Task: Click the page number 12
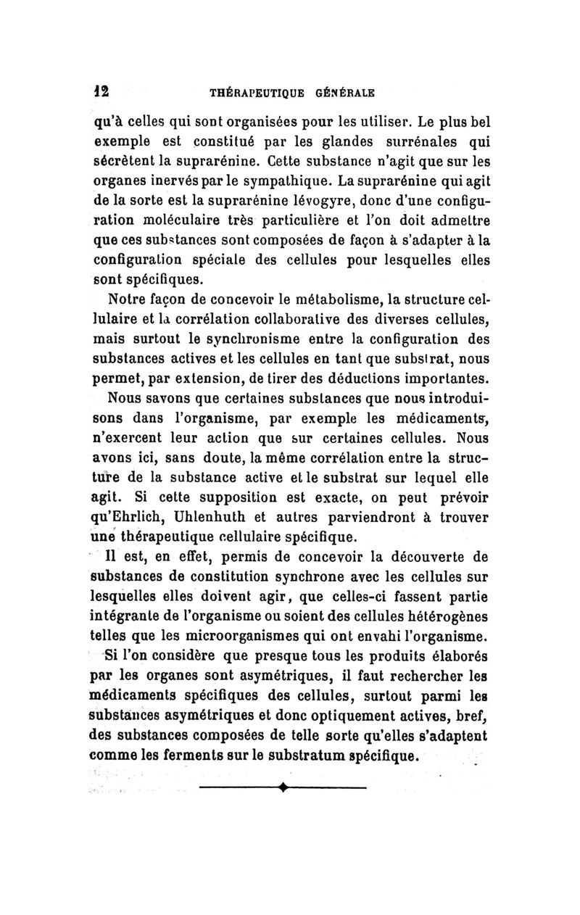tap(100, 93)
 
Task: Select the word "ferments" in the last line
tap(200, 757)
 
